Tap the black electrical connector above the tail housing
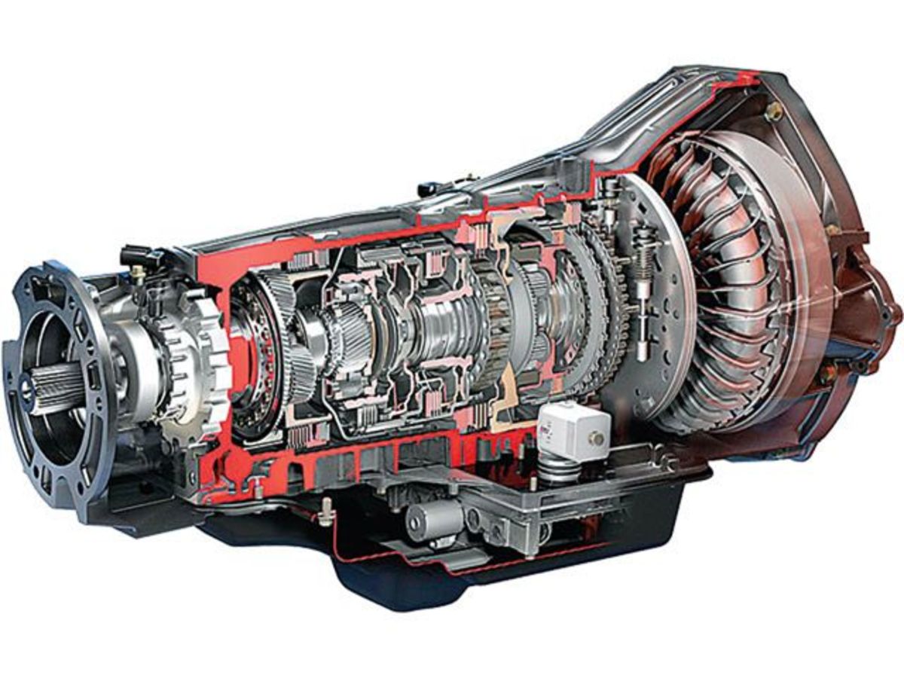tap(136, 255)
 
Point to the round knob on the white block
tap(597, 438)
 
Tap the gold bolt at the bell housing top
tap(773, 111)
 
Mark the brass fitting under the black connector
tap(139, 276)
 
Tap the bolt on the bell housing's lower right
tap(829, 373)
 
